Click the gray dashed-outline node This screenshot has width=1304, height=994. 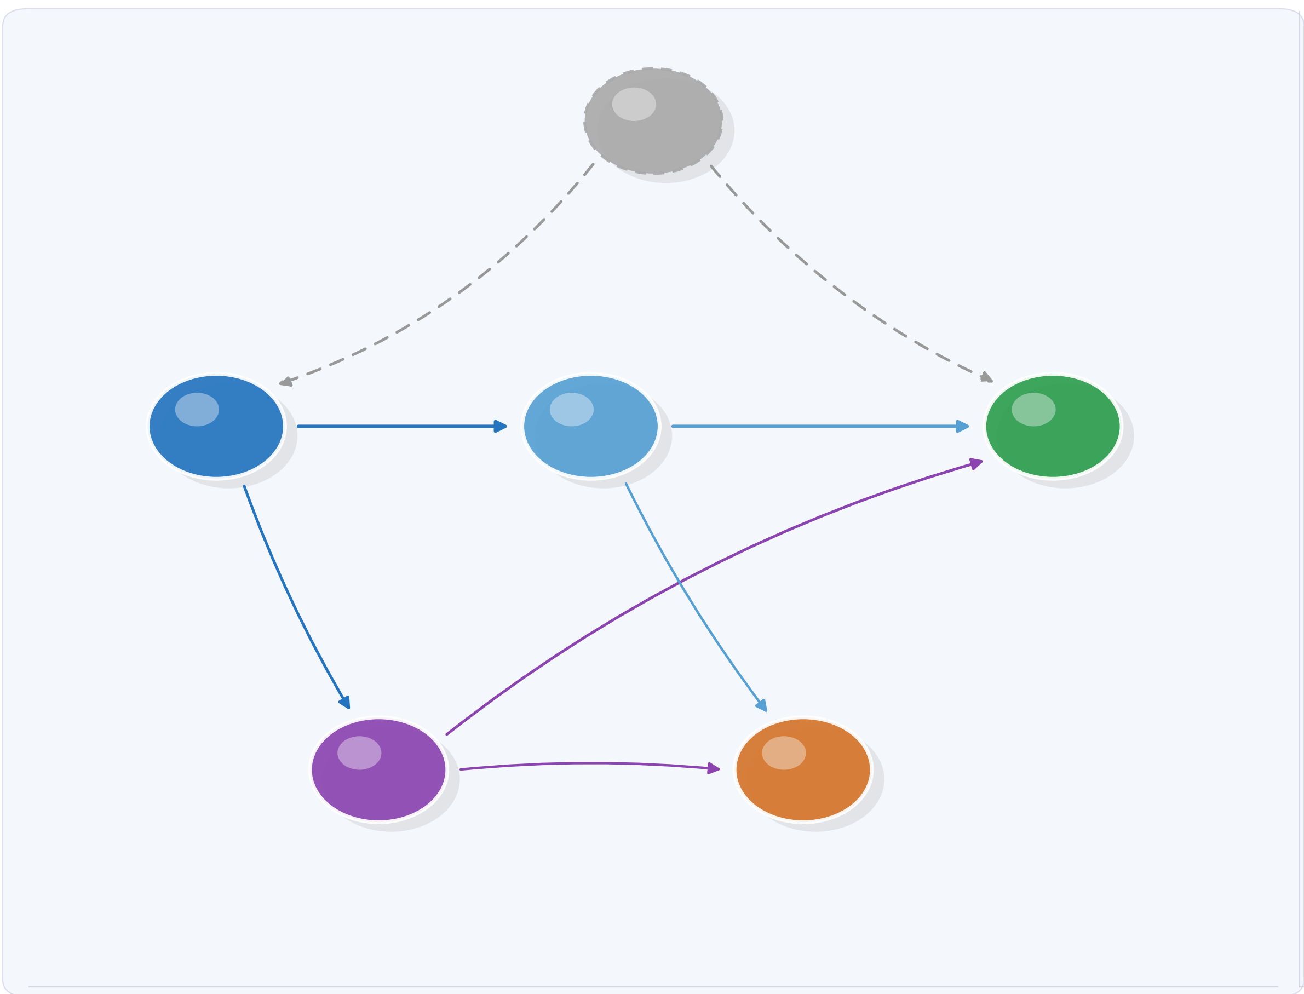pyautogui.click(x=653, y=120)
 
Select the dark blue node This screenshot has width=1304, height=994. pyautogui.click(x=216, y=426)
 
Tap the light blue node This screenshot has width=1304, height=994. pyautogui.click(x=590, y=426)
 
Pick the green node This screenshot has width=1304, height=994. pyautogui.click(x=1053, y=426)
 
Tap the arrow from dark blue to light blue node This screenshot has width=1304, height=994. pyautogui.click(x=397, y=426)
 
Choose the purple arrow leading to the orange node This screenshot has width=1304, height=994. pyautogui.click(x=591, y=763)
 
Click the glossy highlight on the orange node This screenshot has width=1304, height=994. pyautogui.click(x=784, y=752)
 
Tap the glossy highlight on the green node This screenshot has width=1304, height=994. pyautogui.click(x=1033, y=410)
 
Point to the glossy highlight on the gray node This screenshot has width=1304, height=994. pyautogui.click(x=634, y=104)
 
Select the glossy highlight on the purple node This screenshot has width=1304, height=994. pyautogui.click(x=359, y=752)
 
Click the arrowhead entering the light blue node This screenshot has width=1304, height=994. pyautogui.click(x=501, y=426)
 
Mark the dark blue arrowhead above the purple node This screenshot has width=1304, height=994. pyautogui.click(x=345, y=702)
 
